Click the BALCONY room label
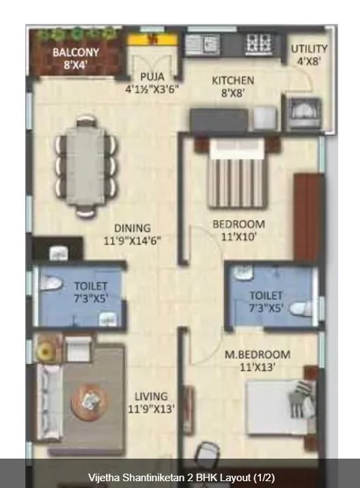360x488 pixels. [76, 52]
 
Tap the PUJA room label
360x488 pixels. [152, 77]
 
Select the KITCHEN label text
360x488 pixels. [233, 81]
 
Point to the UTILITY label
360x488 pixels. [309, 49]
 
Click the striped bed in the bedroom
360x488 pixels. [238, 174]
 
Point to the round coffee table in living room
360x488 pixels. [90, 401]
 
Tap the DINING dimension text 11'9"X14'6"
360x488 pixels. [133, 241]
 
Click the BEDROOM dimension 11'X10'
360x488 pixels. [238, 237]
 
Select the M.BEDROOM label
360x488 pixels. [258, 355]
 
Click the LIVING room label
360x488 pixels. [151, 396]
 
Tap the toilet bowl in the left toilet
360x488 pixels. [51, 284]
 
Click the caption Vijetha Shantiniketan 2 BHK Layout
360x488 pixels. [182, 478]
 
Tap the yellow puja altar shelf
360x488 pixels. [152, 40]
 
